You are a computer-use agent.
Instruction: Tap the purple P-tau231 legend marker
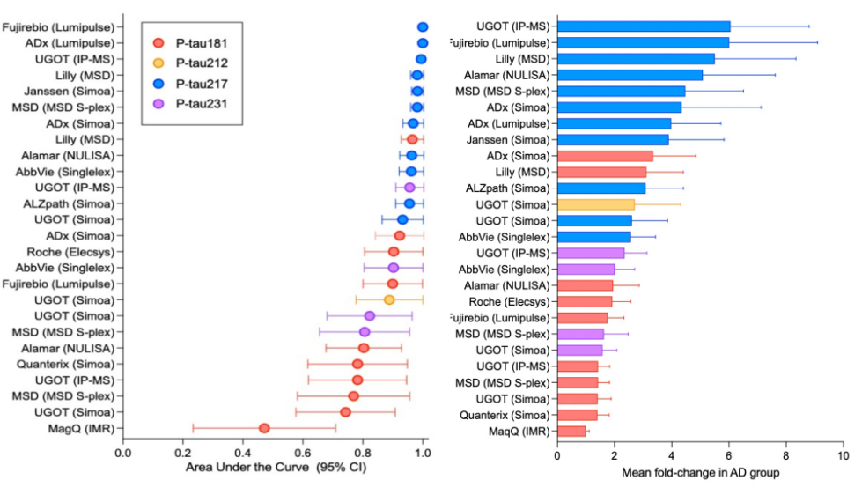pos(158,104)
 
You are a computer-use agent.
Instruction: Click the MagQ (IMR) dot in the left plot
pos(264,428)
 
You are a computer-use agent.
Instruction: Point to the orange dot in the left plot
pos(389,299)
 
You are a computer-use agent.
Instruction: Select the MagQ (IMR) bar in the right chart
pos(571,431)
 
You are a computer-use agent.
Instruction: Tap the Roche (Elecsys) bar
pos(585,301)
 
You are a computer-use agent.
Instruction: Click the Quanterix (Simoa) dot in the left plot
pos(357,364)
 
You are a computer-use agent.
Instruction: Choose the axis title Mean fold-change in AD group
pos(700,473)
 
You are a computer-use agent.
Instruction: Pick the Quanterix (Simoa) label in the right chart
pos(505,415)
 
